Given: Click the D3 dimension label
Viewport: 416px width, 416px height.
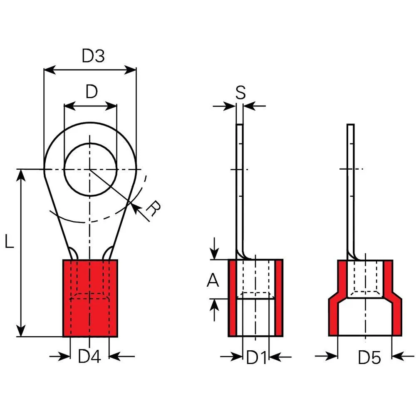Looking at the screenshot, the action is click(93, 56).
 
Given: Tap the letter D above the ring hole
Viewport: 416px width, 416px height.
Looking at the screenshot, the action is click(92, 92).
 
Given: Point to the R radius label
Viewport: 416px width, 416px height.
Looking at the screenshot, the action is click(154, 208).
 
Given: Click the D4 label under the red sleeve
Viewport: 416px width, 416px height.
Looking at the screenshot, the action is click(89, 357).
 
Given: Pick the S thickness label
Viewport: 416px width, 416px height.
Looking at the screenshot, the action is click(240, 93).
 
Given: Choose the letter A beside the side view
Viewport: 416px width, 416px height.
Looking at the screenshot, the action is click(213, 280).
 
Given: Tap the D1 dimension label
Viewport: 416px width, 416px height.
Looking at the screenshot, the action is click(256, 357).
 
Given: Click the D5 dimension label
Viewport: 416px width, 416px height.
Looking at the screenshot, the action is click(369, 357).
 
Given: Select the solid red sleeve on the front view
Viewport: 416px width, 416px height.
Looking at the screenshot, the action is click(90, 298).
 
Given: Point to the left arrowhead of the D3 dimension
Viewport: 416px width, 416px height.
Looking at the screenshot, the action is click(50, 70).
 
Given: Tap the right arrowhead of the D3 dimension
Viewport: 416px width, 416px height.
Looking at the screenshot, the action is click(130, 70).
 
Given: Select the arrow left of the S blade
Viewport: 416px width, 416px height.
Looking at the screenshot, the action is click(224, 106).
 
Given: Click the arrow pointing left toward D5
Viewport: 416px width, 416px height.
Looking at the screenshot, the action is click(403, 356).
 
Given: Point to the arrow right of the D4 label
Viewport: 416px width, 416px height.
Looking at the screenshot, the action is click(122, 356).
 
